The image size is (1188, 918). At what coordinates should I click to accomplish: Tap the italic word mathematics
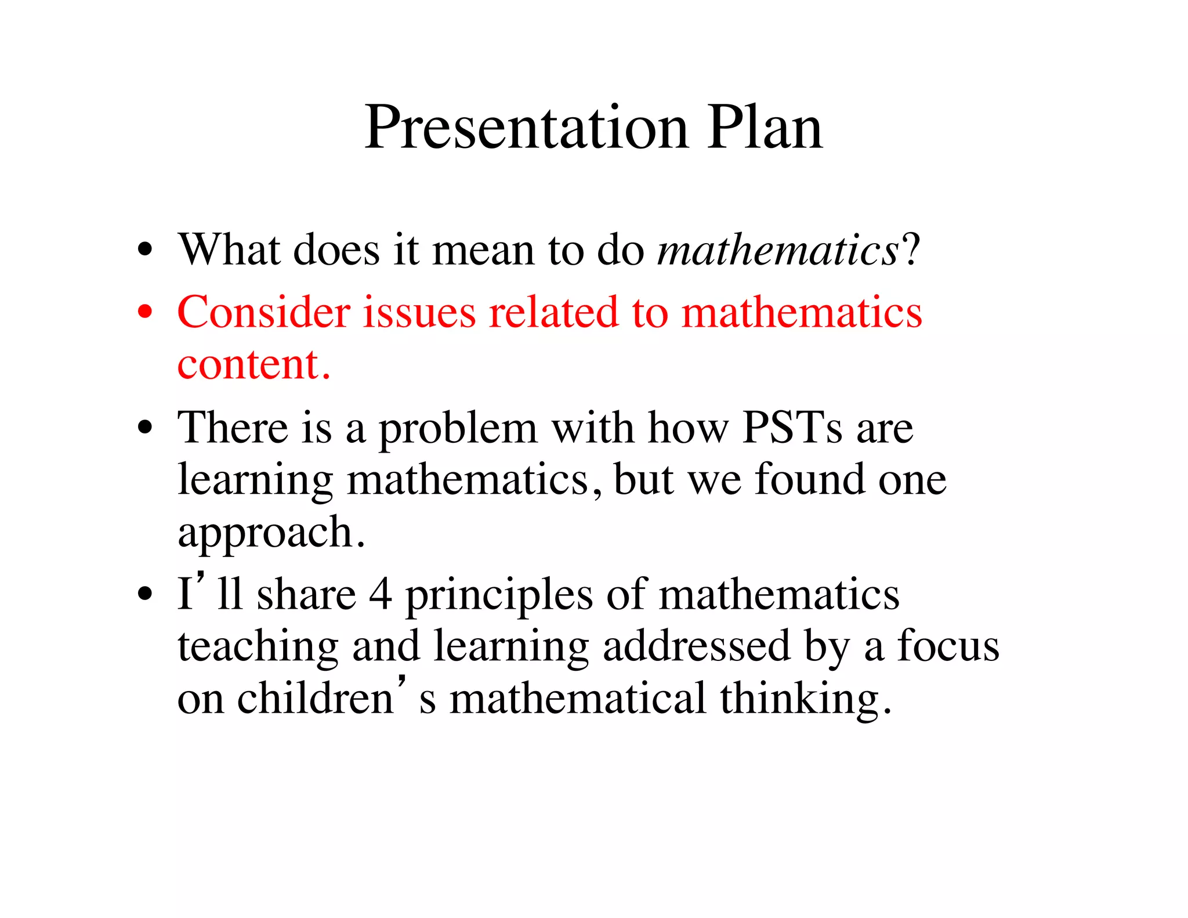click(778, 251)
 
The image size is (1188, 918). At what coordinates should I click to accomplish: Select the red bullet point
click(145, 312)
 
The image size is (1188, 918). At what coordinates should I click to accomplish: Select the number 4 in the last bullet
click(381, 595)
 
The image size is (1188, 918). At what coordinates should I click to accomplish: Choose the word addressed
click(697, 646)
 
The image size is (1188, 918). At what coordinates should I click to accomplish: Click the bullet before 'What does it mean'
click(145, 250)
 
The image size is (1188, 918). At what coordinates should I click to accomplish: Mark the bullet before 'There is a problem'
click(145, 429)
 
